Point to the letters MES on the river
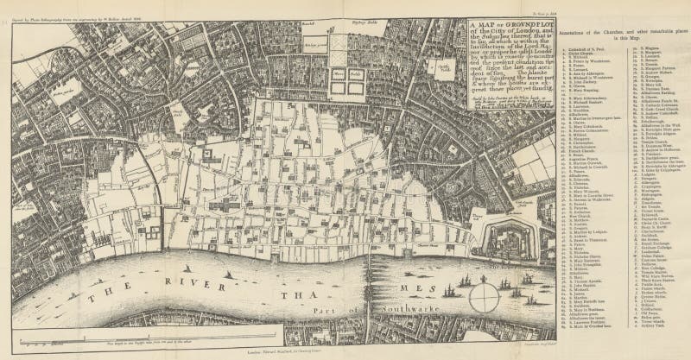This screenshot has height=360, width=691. click(413, 268)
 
